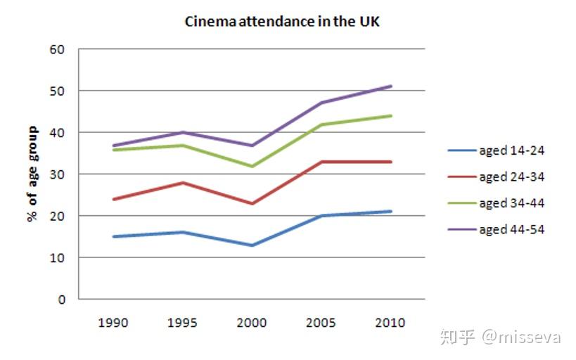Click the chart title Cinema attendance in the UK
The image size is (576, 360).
point(282,21)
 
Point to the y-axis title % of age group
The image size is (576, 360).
point(32,174)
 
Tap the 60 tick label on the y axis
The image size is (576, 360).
point(57,49)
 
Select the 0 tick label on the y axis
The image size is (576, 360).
point(61,300)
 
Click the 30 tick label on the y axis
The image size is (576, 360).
point(57,174)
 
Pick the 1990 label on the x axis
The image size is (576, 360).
point(113,323)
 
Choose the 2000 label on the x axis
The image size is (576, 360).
point(252,323)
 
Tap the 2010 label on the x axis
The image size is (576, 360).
point(390,323)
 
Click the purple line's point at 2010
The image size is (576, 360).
point(390,86)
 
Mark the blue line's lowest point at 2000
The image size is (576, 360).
point(252,245)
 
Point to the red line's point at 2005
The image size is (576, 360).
point(321,162)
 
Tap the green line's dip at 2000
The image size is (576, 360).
point(252,166)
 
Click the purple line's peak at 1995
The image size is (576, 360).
point(183,132)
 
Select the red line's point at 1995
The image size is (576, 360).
point(183,183)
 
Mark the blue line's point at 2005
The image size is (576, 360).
point(321,216)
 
